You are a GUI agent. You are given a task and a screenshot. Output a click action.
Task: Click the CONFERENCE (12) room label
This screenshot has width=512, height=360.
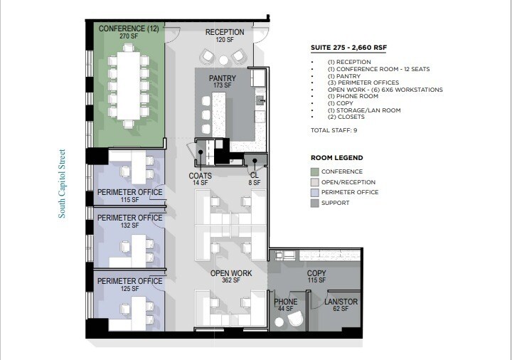[x=129, y=29]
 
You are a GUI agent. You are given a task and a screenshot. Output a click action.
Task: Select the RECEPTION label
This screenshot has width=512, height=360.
[x=225, y=33]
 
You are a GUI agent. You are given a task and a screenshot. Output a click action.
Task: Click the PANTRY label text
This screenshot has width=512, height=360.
[x=223, y=78]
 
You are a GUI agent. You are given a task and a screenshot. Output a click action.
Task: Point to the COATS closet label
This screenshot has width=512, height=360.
[x=200, y=175]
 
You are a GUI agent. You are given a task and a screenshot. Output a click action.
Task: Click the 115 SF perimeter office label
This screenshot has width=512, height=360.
[x=130, y=192]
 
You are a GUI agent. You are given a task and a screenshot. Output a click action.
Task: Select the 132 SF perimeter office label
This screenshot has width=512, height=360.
[x=130, y=218]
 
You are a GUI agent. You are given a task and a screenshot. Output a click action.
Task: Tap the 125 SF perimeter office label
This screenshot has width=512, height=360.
[x=130, y=281]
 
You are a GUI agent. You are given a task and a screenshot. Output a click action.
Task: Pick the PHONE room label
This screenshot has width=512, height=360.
[x=286, y=302]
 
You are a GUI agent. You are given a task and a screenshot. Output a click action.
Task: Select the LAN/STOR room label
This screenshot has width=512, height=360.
[x=341, y=302]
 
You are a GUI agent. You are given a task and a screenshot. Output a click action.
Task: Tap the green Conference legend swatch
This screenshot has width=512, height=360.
[x=315, y=171]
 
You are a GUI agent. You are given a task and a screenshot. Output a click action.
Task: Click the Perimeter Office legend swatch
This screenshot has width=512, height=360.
[x=315, y=192]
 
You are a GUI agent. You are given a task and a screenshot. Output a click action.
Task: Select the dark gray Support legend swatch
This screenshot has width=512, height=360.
[x=315, y=203]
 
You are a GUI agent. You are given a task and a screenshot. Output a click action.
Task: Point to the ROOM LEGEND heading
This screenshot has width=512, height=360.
[x=337, y=158]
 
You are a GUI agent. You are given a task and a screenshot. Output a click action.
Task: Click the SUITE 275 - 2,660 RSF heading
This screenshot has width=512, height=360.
[x=348, y=48]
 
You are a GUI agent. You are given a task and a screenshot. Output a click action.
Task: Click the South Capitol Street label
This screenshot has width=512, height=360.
[x=62, y=183]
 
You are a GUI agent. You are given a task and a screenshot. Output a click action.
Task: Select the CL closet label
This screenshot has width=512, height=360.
[x=254, y=175]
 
